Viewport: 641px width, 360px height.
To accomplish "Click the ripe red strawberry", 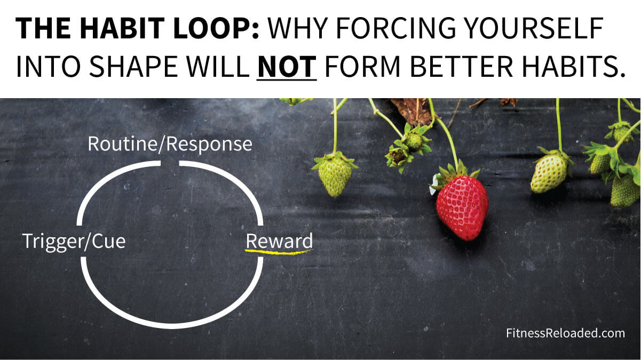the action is [x=462, y=208].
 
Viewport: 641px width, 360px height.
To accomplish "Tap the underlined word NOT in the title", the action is [x=287, y=67].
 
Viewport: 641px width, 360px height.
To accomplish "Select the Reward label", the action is [x=279, y=241].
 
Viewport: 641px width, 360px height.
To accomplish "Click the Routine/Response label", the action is [x=170, y=144].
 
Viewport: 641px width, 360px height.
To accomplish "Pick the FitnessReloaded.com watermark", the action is [x=565, y=333].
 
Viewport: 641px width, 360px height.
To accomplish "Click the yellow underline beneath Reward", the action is [x=279, y=252].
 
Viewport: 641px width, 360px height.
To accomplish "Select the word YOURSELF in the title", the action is [x=533, y=28].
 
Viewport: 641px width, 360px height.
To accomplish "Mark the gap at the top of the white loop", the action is [x=170, y=163].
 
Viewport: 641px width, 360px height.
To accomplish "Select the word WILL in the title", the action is [x=218, y=67].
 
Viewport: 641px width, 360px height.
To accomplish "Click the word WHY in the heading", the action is [x=298, y=28].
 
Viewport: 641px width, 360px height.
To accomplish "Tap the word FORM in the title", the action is [x=363, y=67].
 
